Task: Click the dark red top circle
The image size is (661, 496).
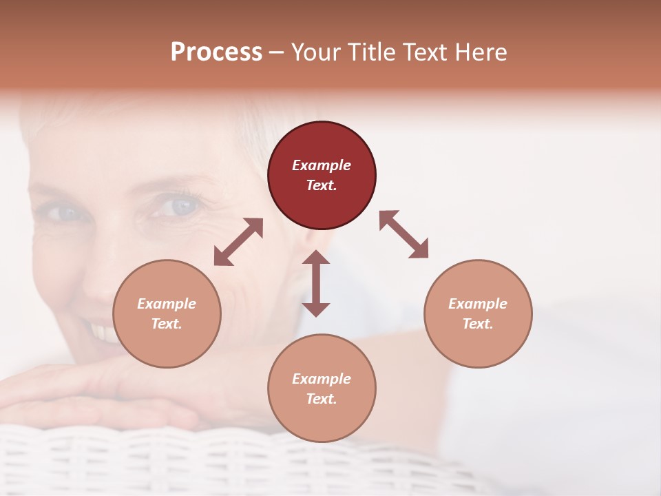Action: point(322,176)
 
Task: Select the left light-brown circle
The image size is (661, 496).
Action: point(167,313)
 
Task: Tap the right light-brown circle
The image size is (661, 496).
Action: point(478,313)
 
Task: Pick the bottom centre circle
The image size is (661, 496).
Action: point(322,389)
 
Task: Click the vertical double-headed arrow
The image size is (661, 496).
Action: point(316,283)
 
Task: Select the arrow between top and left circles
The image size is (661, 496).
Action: point(238,242)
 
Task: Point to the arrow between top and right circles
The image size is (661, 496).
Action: point(403,234)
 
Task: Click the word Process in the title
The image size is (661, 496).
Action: point(216,52)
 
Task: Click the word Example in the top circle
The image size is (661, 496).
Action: point(322,165)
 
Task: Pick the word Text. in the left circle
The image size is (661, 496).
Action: point(167,324)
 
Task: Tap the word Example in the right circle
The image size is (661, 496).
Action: point(478,304)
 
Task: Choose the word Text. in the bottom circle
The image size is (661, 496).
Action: point(322,399)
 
